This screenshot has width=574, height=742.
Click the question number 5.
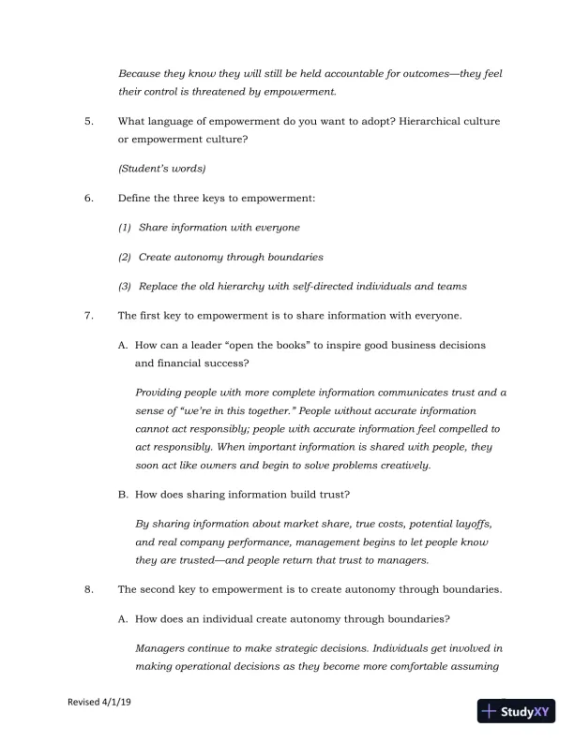click(87, 122)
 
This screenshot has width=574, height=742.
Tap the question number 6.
click(87, 199)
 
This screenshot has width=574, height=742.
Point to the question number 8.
click(87, 589)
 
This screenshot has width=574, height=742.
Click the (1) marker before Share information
click(125, 228)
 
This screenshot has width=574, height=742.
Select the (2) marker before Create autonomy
click(125, 257)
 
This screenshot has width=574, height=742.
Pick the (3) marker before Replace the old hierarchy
click(125, 286)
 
